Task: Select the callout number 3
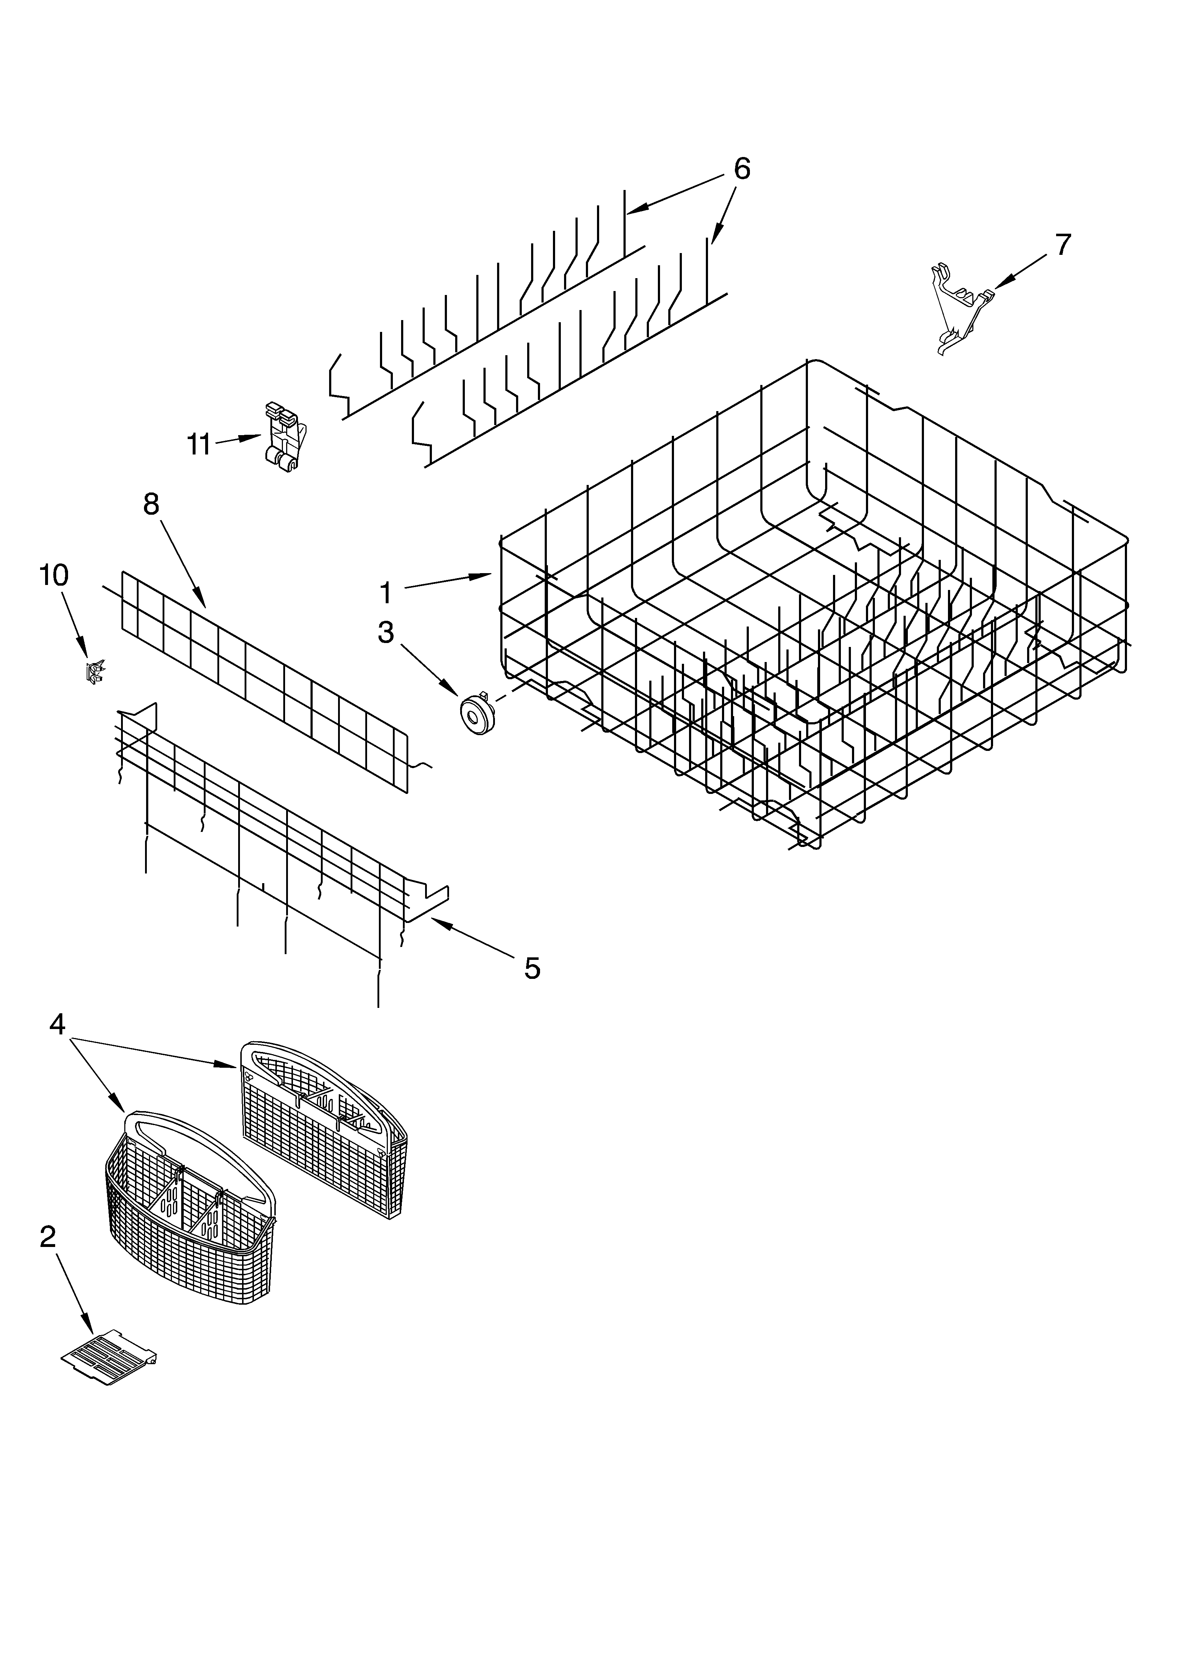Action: tap(386, 633)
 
